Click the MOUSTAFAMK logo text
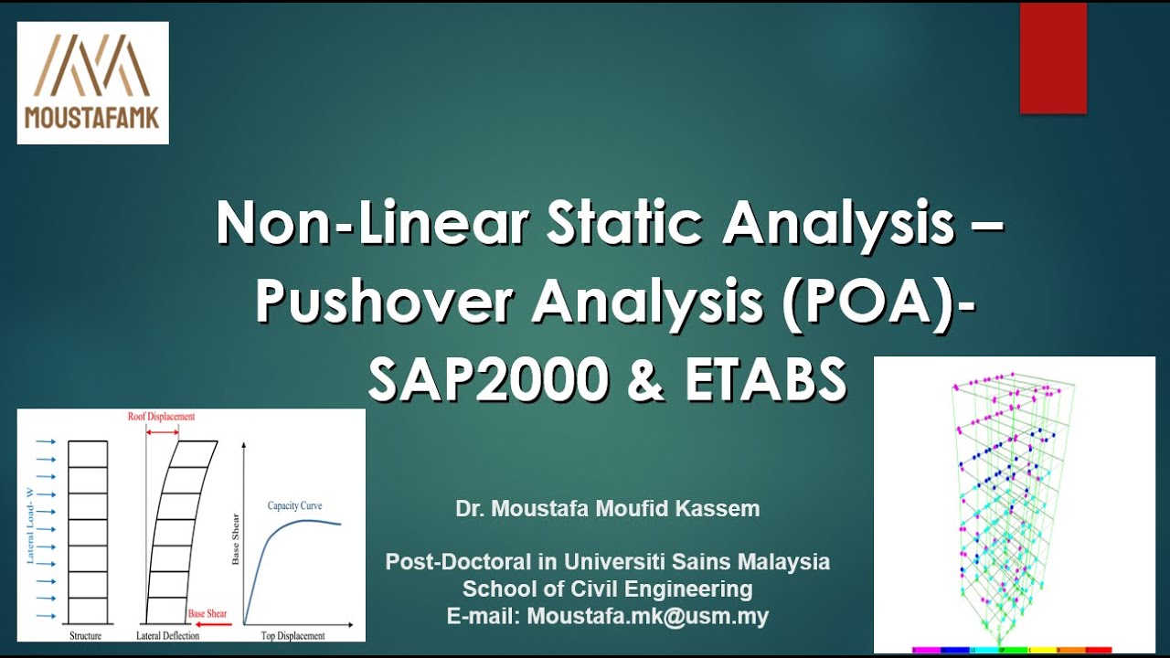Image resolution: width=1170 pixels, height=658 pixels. coord(92,118)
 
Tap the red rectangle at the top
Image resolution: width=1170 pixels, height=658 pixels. coord(1053,58)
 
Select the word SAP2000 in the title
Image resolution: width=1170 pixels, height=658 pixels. coord(488,378)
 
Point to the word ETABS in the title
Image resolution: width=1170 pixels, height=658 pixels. coord(765,378)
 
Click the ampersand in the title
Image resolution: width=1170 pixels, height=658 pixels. coord(646,378)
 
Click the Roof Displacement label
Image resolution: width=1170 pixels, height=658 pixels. coord(162,416)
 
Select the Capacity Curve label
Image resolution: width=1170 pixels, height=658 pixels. coord(294,505)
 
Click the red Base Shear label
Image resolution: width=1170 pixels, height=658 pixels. coord(207,613)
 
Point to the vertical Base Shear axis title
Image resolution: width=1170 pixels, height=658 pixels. coord(236,539)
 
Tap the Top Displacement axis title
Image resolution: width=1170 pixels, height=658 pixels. coord(292,635)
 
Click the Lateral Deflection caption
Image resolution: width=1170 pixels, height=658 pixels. coord(167,635)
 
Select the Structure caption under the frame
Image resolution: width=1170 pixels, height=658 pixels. coord(85,635)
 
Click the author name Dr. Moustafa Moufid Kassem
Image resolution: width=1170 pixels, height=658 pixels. coord(608,509)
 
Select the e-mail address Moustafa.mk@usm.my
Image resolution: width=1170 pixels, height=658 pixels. coord(648,616)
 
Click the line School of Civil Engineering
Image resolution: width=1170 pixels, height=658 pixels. coord(608,589)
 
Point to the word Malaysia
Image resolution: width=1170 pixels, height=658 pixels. coord(787,562)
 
